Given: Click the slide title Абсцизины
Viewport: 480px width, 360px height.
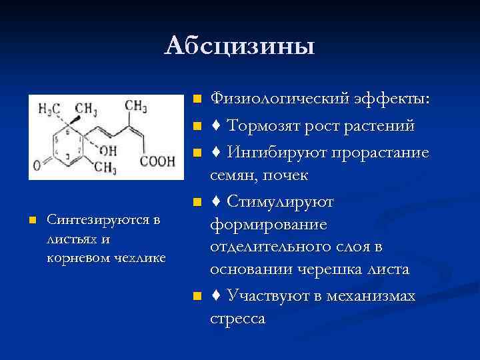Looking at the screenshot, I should [239, 46].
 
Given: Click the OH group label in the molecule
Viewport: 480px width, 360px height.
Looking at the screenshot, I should [107, 151].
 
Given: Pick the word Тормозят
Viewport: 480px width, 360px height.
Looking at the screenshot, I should [263, 126].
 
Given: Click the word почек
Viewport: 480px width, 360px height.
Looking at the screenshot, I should [287, 176].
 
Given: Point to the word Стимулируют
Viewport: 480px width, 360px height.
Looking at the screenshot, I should [281, 201].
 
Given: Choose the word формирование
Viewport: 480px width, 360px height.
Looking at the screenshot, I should [269, 225].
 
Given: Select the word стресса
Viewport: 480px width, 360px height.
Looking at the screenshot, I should [237, 318].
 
